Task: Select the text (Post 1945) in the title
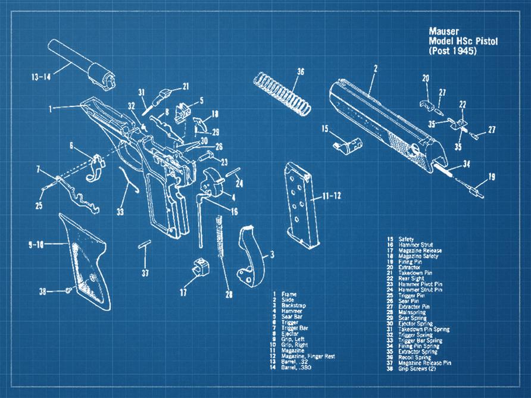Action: pyautogui.click(x=453, y=51)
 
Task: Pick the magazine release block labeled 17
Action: pyautogui.click(x=202, y=268)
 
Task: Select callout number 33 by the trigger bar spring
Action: pyautogui.click(x=121, y=211)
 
